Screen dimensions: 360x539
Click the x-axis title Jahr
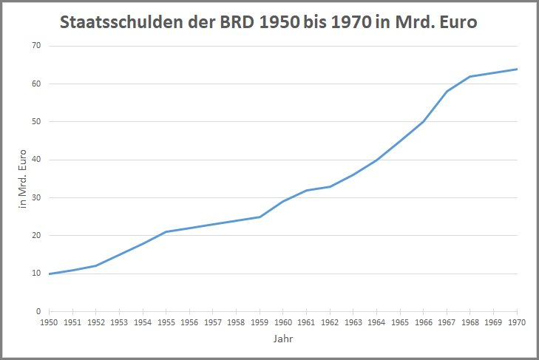click(282, 340)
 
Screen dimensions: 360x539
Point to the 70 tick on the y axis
click(35, 46)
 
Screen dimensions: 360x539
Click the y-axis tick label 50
click(35, 122)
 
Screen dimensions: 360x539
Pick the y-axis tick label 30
click(35, 198)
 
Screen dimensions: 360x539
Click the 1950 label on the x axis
click(49, 322)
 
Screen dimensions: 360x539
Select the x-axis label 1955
click(166, 322)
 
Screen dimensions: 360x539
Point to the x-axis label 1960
click(283, 322)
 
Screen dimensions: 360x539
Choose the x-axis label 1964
click(376, 322)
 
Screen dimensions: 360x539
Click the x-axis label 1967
click(447, 322)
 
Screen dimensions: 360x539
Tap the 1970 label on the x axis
click(517, 322)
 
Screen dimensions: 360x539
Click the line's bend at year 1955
click(166, 232)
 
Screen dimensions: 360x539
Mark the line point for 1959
click(260, 217)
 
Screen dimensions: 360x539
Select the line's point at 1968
click(470, 76)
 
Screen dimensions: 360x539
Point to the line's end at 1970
click(517, 69)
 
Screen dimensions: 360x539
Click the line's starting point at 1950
click(49, 274)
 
